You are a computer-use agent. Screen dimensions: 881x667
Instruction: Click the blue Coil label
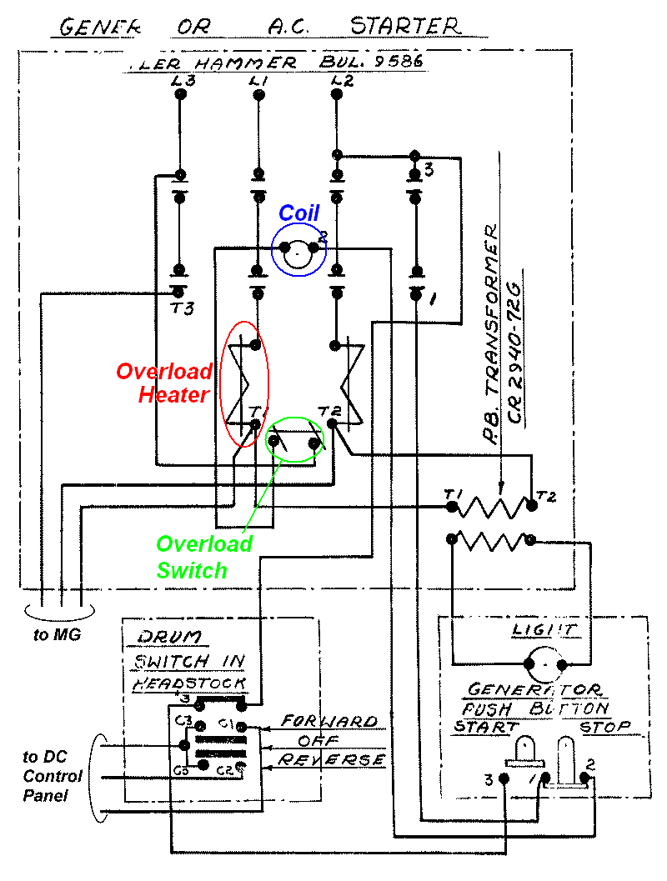(298, 213)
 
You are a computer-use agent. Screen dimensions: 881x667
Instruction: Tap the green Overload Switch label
(204, 557)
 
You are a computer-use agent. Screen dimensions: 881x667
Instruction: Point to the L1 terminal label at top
(258, 81)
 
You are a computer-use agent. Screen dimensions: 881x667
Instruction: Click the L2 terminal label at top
(341, 81)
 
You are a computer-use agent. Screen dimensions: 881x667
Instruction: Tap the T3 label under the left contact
(182, 308)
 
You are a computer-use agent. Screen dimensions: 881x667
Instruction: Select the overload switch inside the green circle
(293, 441)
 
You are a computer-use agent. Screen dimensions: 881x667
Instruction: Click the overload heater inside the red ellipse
(244, 383)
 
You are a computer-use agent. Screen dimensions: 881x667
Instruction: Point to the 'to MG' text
(53, 635)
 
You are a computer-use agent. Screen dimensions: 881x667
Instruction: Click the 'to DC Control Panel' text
(52, 776)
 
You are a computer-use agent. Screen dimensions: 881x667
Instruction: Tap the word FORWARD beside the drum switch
(328, 721)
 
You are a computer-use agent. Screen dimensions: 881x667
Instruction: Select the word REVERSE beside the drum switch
(331, 760)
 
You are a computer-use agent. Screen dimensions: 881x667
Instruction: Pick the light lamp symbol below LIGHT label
(545, 664)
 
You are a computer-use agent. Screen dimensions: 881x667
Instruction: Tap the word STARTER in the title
(404, 26)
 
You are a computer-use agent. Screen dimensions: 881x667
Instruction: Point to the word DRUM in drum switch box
(163, 638)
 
